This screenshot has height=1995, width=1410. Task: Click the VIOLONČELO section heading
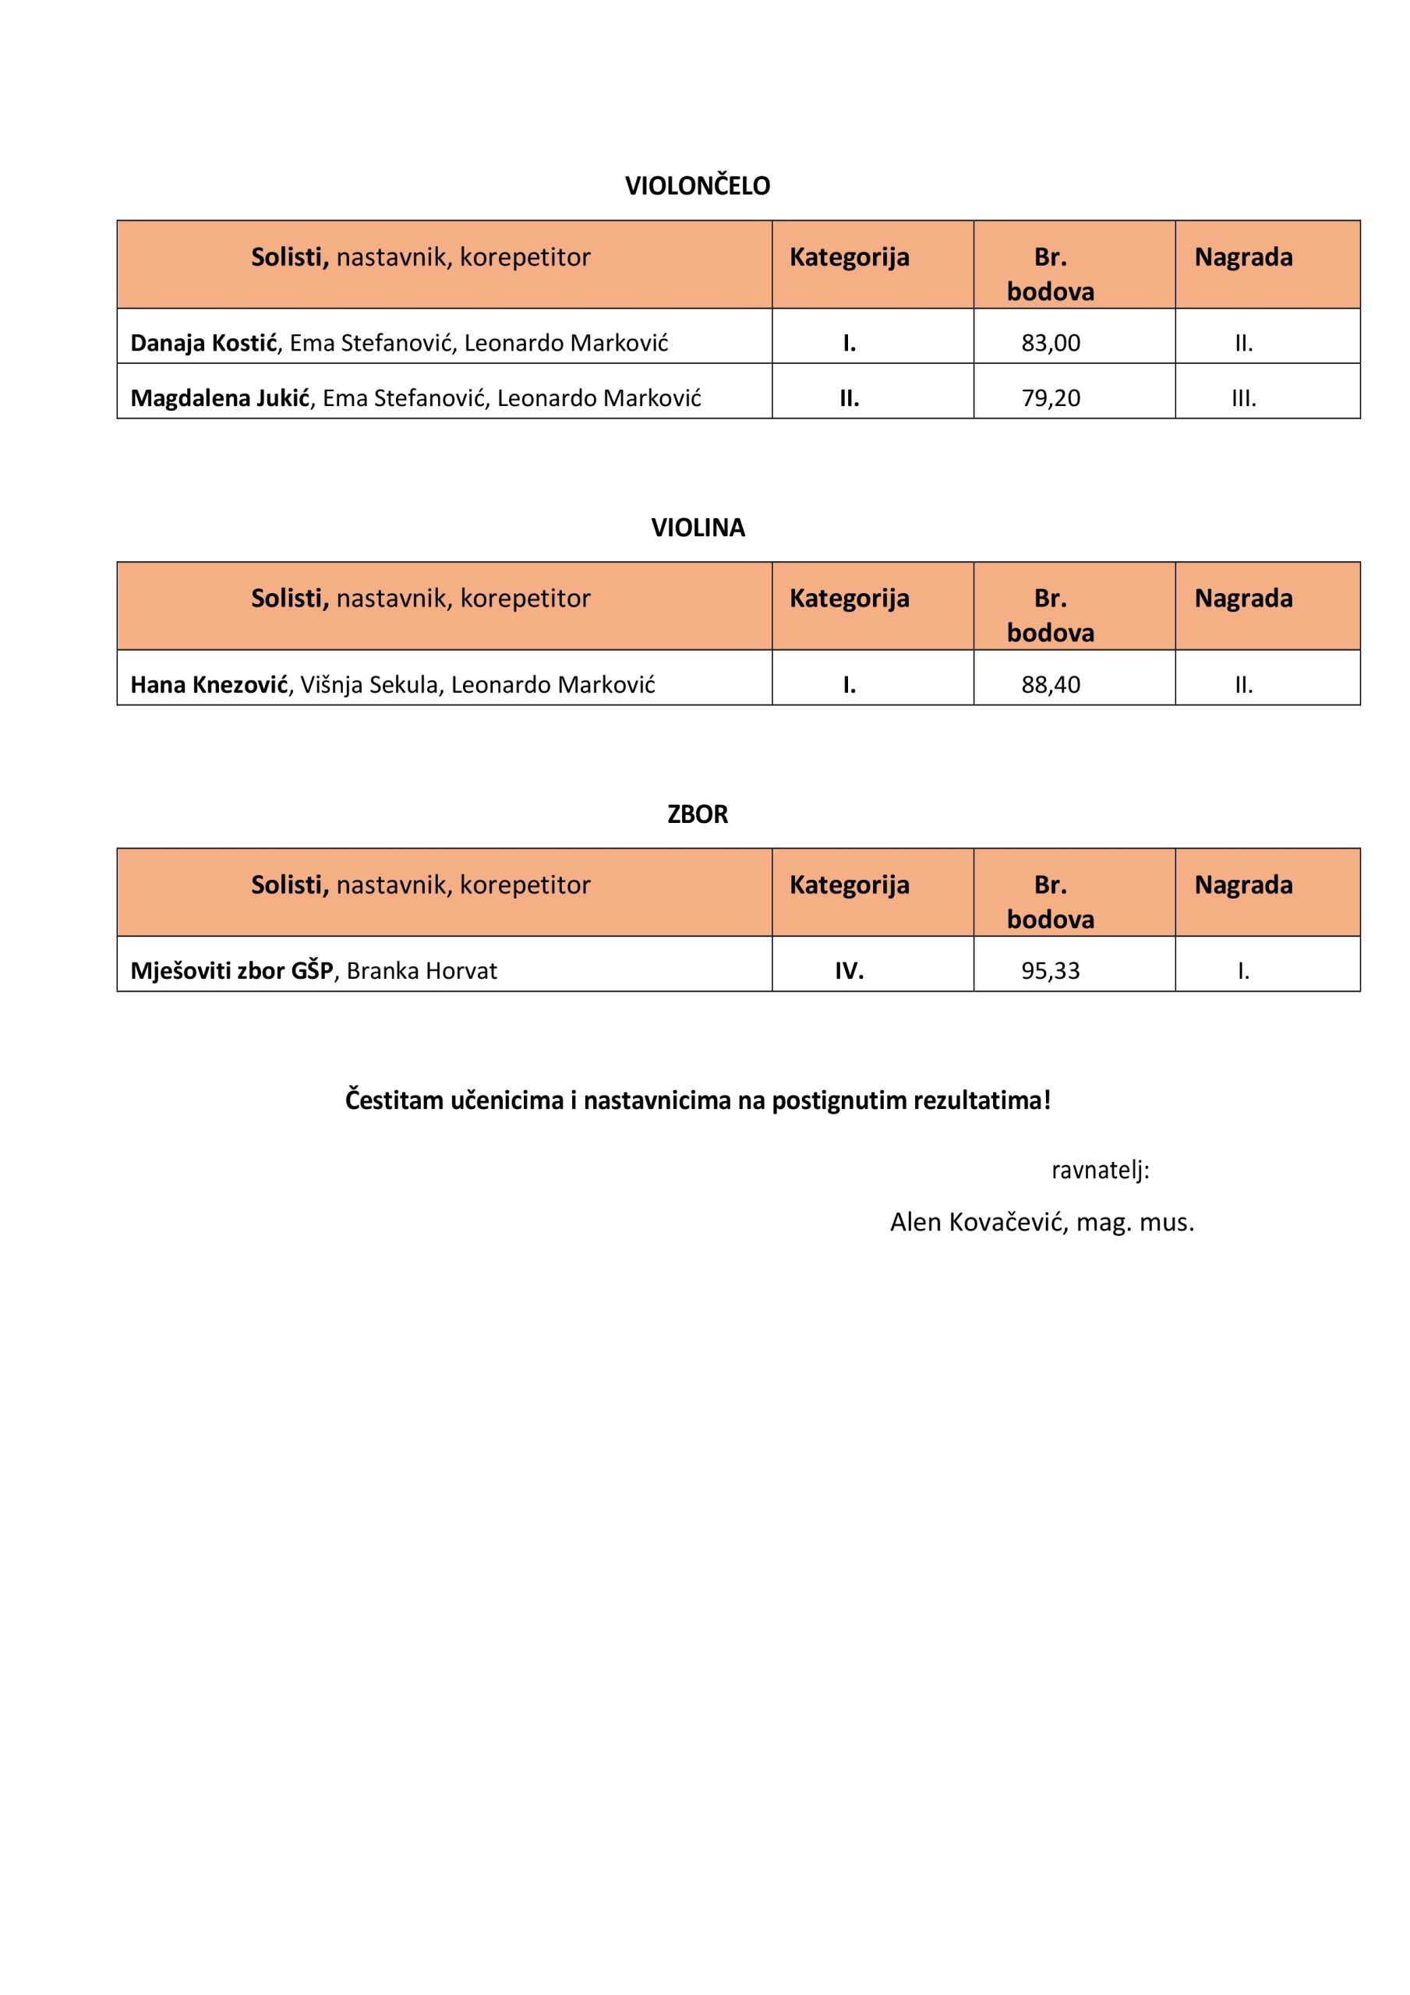coord(697,186)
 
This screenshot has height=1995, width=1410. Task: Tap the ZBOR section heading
coord(697,814)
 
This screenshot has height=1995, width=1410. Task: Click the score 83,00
coord(1050,343)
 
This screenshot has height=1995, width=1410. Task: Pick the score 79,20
coord(1050,398)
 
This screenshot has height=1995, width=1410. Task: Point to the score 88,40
coord(1050,685)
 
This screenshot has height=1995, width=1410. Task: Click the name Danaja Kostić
coord(203,343)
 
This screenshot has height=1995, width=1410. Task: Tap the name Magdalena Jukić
coord(220,398)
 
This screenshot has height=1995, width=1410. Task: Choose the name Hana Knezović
coord(209,685)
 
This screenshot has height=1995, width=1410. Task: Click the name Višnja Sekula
coord(369,685)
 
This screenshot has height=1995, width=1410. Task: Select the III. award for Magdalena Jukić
coord(1243,399)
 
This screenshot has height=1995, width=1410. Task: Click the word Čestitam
coord(394,1100)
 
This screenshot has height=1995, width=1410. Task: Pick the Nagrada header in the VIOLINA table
coord(1243,598)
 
